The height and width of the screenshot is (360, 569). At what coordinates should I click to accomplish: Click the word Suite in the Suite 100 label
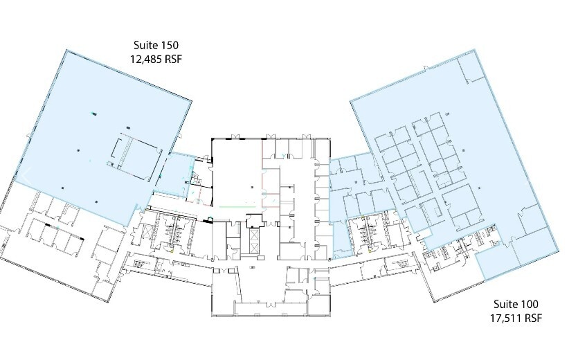coord(505,304)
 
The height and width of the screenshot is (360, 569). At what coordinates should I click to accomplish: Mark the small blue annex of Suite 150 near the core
coord(177,170)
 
